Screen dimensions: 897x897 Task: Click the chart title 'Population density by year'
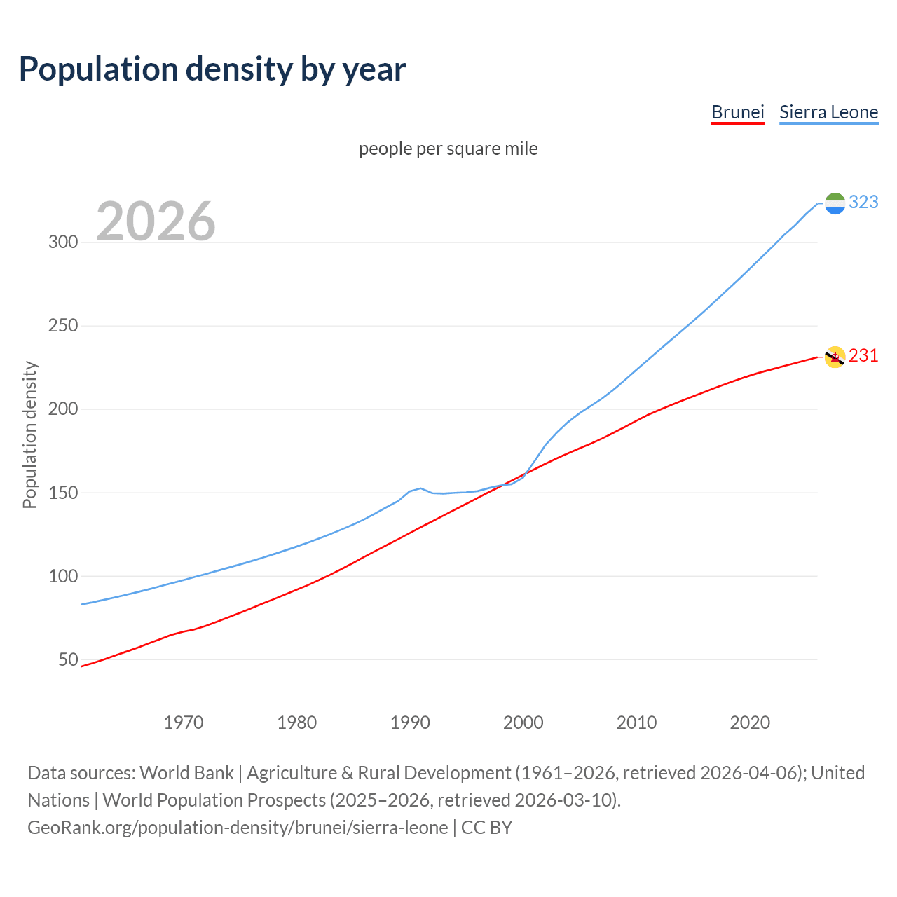tap(212, 69)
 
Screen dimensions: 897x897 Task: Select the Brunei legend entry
tap(737, 112)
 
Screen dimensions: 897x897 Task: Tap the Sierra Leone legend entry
tap(828, 112)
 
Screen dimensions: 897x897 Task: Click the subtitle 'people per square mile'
tap(448, 149)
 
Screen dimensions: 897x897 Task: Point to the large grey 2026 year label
tap(156, 221)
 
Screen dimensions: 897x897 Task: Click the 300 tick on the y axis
tap(62, 242)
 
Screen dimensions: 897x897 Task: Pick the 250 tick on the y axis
tap(62, 326)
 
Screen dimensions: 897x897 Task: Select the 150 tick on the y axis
tap(62, 493)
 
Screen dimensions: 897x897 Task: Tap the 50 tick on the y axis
tap(67, 660)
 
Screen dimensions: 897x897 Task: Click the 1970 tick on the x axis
tap(184, 723)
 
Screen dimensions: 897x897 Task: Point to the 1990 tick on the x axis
tap(410, 723)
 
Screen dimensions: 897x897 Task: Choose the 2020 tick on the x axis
tap(750, 723)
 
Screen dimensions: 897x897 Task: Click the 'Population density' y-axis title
tap(29, 434)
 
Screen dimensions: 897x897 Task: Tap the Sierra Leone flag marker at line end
tap(835, 203)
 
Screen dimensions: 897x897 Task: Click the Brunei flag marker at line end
tap(835, 357)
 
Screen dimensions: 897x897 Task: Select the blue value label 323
tap(863, 203)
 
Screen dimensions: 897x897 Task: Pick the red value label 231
tap(863, 356)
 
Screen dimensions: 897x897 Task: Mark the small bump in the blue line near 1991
tap(420, 488)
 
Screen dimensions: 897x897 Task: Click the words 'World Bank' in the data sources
tap(186, 773)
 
